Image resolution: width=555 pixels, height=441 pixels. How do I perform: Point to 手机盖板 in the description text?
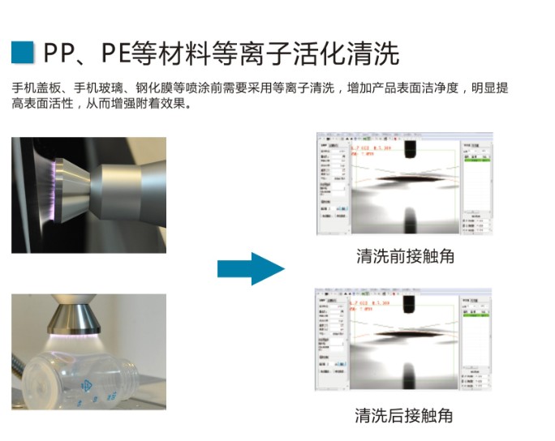[35, 88]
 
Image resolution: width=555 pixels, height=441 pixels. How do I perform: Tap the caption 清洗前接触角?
[405, 256]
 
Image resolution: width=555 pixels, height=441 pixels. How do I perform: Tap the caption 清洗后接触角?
[405, 416]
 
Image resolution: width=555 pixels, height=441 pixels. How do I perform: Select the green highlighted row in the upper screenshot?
[475, 161]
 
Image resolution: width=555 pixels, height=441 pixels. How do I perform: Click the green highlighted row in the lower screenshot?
[475, 319]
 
